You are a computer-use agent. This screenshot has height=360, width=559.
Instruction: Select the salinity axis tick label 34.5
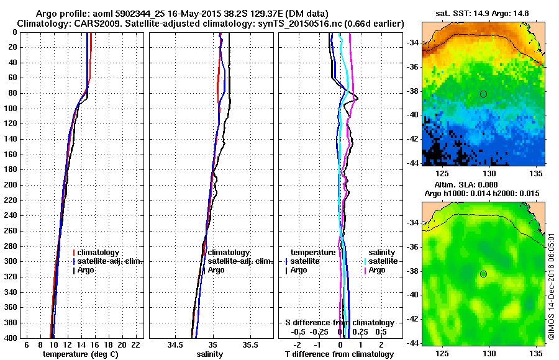(176, 345)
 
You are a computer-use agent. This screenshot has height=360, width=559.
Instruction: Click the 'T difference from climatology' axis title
(340, 354)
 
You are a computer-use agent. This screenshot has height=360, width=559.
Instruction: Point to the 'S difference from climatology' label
(340, 323)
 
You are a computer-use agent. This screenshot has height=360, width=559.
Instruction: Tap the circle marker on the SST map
(483, 94)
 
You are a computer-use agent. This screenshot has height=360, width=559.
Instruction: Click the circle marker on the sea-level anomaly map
(483, 274)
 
